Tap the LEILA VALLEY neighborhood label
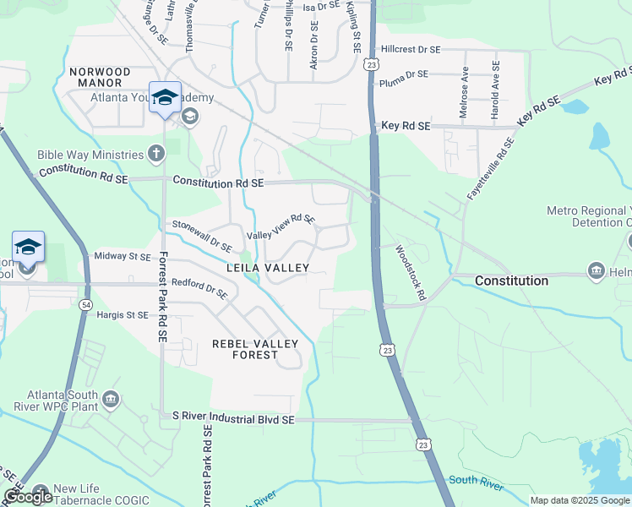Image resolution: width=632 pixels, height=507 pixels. coord(267,268)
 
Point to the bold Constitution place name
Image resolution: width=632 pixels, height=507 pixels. coord(511,280)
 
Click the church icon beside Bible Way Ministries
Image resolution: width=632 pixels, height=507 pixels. coord(155,154)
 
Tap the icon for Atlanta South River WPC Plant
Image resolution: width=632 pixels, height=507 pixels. coord(111,399)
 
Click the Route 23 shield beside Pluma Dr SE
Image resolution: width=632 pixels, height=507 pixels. coord(372,63)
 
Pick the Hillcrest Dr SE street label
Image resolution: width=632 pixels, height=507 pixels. coord(411,50)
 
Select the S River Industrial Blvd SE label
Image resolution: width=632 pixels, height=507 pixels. coord(232,418)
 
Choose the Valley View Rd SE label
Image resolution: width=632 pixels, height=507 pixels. coord(281,226)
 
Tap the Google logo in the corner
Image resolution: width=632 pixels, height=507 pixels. coord(28,497)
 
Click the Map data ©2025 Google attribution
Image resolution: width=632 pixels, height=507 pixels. coord(579,500)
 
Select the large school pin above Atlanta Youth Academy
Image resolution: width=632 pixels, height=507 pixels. coord(166,96)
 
